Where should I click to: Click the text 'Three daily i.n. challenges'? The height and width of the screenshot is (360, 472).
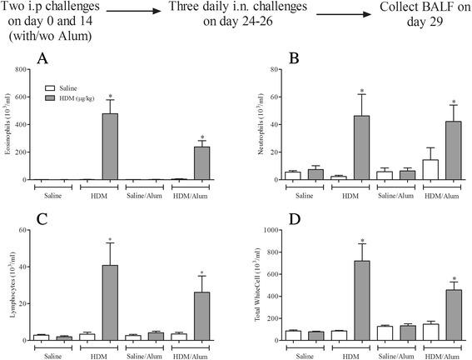tap(246, 9)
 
